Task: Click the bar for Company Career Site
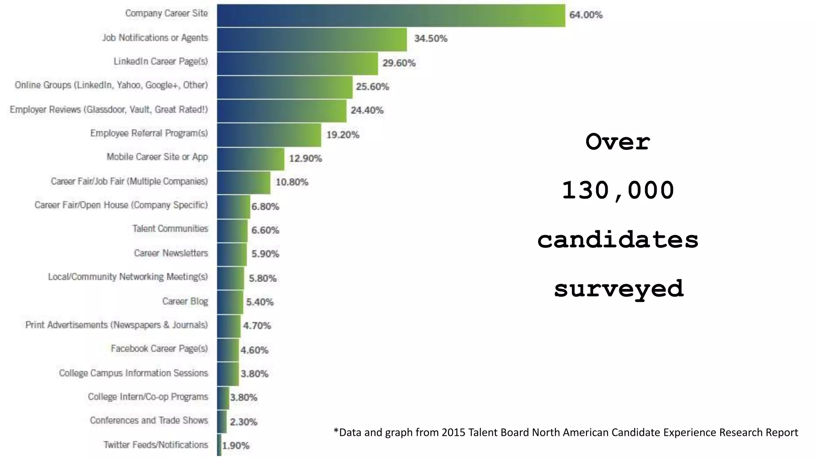point(391,16)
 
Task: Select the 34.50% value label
point(431,39)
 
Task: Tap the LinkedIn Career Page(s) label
point(160,61)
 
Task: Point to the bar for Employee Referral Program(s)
point(269,135)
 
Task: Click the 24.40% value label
point(367,110)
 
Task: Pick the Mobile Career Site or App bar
point(251,159)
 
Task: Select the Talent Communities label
point(170,229)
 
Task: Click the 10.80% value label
point(292,182)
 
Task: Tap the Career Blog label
point(185,301)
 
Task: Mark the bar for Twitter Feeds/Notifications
point(219,445)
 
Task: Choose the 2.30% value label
point(244,422)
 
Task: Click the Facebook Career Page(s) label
point(159,349)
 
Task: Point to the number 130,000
point(618,190)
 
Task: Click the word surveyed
point(618,288)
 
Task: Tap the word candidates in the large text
point(618,239)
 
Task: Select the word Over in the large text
point(618,142)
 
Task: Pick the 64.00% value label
point(586,15)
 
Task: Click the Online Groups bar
point(285,87)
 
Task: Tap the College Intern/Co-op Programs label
point(148,397)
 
